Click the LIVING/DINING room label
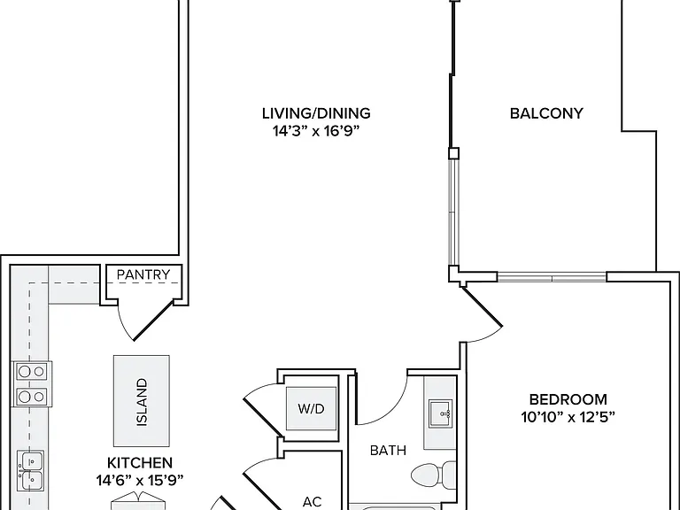316,113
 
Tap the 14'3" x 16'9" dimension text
317,131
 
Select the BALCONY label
546,113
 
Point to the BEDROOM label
568,399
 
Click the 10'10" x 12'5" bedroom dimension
568,417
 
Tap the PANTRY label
143,274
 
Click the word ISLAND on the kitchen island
142,402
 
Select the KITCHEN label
140,463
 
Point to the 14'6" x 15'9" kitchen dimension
140,481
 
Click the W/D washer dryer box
311,408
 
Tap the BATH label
388,451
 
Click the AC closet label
312,502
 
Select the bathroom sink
441,413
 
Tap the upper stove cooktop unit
31,372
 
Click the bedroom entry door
483,306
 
